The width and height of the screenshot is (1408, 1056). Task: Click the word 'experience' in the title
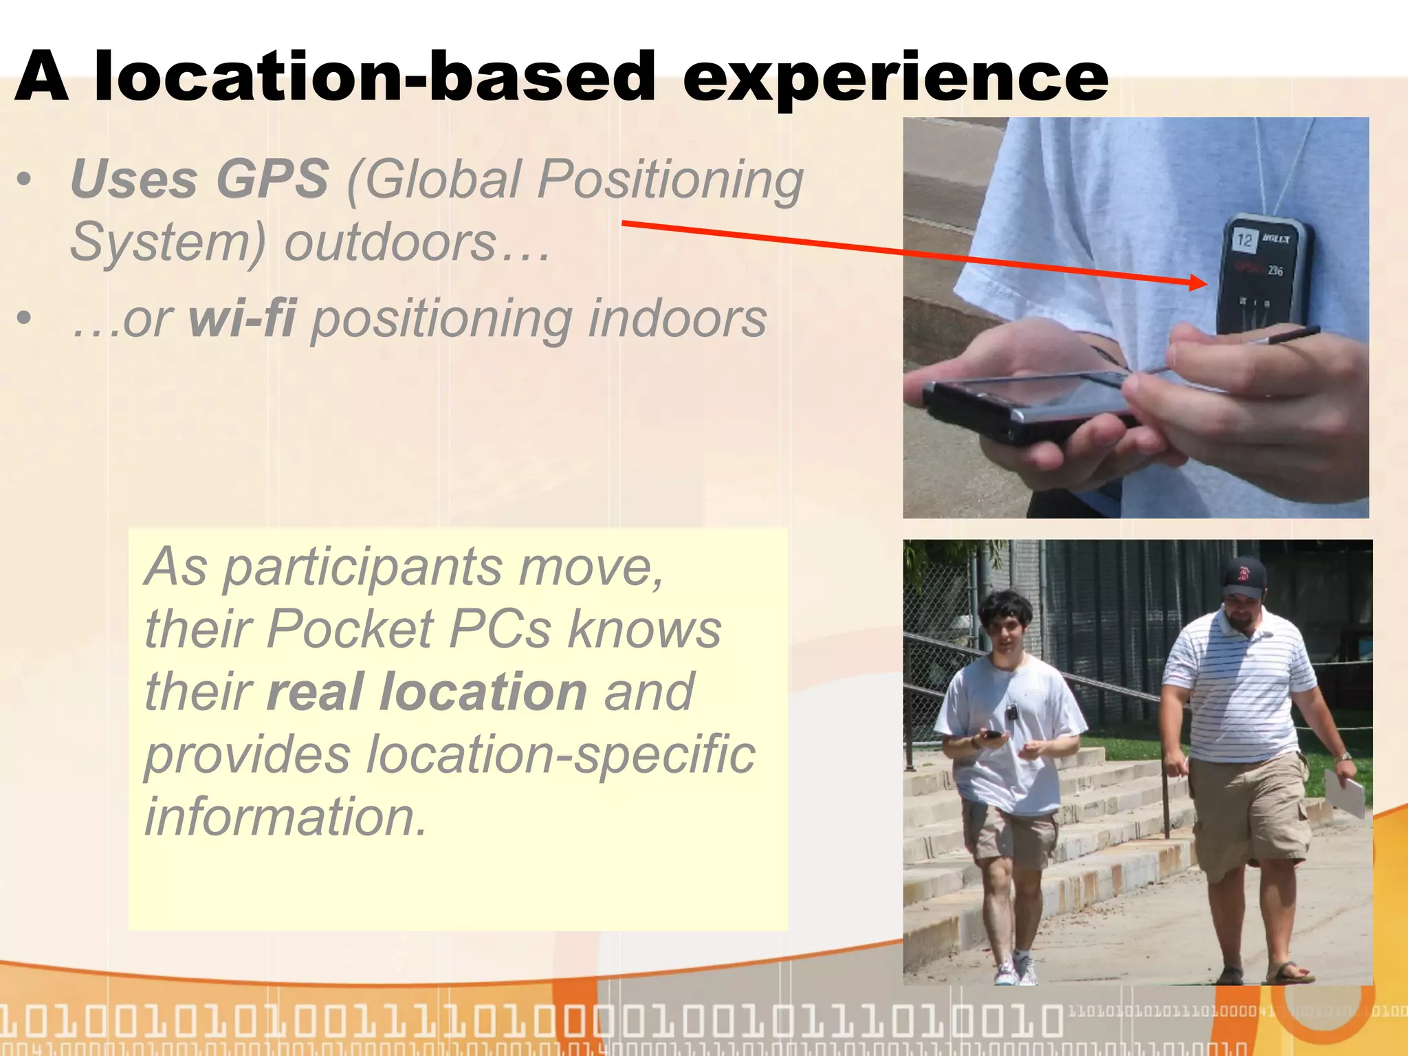pyautogui.click(x=895, y=77)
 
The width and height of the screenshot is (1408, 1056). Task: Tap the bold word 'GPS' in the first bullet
pyautogui.click(x=272, y=179)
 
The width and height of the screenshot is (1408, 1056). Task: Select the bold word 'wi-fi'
pyautogui.click(x=242, y=318)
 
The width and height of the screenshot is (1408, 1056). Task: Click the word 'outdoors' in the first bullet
pyautogui.click(x=390, y=242)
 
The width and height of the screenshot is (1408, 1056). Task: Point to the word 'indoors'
pyautogui.click(x=677, y=318)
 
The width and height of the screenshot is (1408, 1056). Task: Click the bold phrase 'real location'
pyautogui.click(x=427, y=692)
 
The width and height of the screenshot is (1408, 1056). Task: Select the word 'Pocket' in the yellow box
pyautogui.click(x=350, y=628)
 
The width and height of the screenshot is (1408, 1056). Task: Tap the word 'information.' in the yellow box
pyautogui.click(x=286, y=817)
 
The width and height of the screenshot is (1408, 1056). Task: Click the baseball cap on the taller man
pyautogui.click(x=1244, y=576)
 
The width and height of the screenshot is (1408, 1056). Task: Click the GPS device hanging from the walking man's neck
pyautogui.click(x=1011, y=712)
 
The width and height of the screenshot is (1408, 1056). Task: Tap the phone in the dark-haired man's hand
pyautogui.click(x=993, y=735)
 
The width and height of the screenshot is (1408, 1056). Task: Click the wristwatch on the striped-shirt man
pyautogui.click(x=1343, y=757)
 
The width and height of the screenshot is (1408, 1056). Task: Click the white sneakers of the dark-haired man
pyautogui.click(x=1016, y=971)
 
